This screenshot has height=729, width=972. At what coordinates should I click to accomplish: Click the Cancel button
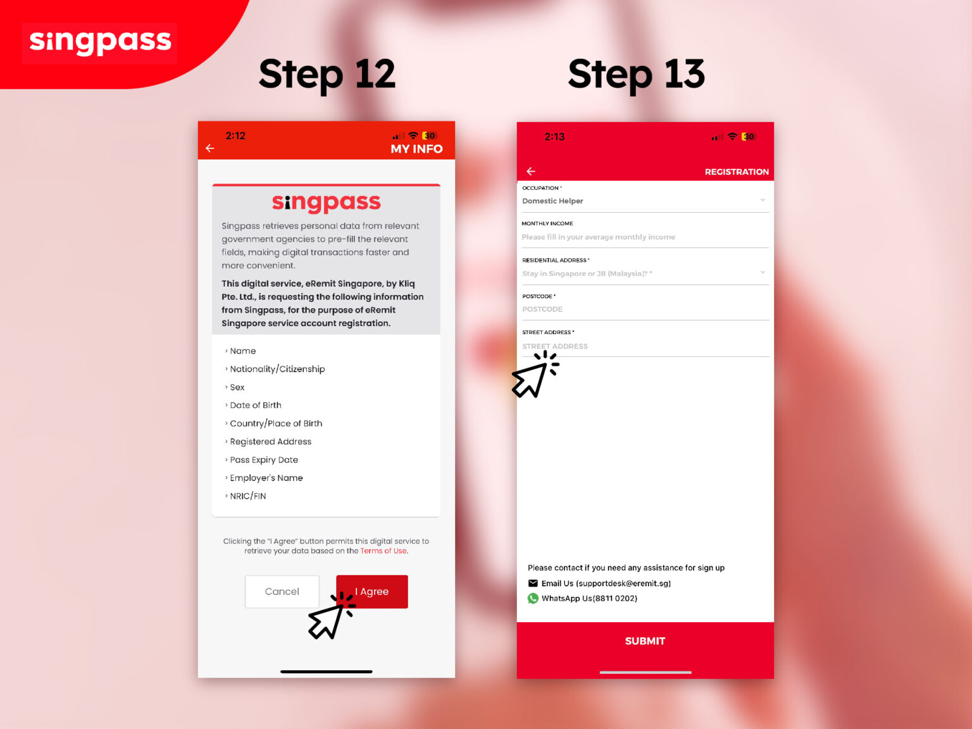pyautogui.click(x=282, y=592)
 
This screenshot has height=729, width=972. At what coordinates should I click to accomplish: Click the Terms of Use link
pyautogui.click(x=383, y=551)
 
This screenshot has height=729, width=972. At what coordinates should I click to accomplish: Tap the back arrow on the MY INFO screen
pyautogui.click(x=210, y=148)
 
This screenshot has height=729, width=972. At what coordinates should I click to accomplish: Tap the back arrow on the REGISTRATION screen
pyautogui.click(x=531, y=171)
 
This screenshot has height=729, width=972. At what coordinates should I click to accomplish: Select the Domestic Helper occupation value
pyautogui.click(x=552, y=201)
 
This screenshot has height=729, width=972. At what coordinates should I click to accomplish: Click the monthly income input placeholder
pyautogui.click(x=598, y=237)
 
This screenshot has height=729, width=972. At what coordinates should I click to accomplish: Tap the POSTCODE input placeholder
pyautogui.click(x=542, y=309)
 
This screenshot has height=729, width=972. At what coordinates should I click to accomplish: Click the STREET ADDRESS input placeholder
pyautogui.click(x=555, y=346)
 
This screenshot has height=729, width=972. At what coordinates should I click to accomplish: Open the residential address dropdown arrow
pyautogui.click(x=763, y=273)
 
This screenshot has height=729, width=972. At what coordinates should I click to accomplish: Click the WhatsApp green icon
pyautogui.click(x=533, y=599)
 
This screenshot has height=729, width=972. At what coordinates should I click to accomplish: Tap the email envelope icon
pyautogui.click(x=533, y=583)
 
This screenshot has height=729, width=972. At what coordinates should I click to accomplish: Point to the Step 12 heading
pyautogui.click(x=327, y=74)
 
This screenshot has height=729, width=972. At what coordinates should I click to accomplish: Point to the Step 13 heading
pyautogui.click(x=636, y=74)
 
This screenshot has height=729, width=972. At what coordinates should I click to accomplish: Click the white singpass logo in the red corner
pyautogui.click(x=100, y=42)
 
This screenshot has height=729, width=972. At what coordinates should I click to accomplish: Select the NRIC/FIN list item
pyautogui.click(x=247, y=496)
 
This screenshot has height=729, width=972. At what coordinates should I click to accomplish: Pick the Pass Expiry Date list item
pyautogui.click(x=263, y=460)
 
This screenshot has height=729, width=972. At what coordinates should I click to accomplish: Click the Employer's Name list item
pyautogui.click(x=266, y=478)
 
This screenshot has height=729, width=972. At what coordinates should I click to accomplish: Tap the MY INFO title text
pyautogui.click(x=416, y=149)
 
